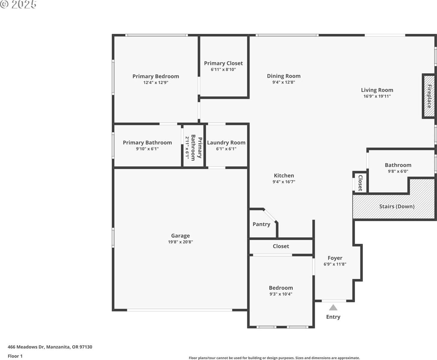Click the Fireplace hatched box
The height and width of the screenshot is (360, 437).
(429, 96)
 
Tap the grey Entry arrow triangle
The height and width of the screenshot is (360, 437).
(333, 307)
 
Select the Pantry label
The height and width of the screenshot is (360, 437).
(261, 224)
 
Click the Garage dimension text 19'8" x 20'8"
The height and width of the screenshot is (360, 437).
(180, 242)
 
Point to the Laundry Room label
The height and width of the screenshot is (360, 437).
(226, 142)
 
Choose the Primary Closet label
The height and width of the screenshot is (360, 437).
(223, 63)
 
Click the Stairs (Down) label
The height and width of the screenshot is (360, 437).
(397, 206)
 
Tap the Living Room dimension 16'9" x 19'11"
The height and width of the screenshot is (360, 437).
(377, 96)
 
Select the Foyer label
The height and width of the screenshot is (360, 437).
(335, 258)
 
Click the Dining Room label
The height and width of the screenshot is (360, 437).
(284, 76)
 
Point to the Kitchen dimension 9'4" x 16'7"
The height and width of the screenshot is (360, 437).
(284, 182)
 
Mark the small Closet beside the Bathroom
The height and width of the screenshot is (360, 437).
(360, 183)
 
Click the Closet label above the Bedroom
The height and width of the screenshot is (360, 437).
(281, 246)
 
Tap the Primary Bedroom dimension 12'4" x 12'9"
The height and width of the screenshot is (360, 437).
(156, 82)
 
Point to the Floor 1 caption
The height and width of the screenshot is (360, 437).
(15, 356)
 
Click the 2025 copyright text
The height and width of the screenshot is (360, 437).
(19, 4)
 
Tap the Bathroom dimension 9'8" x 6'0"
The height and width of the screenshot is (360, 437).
(398, 171)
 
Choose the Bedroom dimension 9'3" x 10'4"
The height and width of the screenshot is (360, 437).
(281, 294)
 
